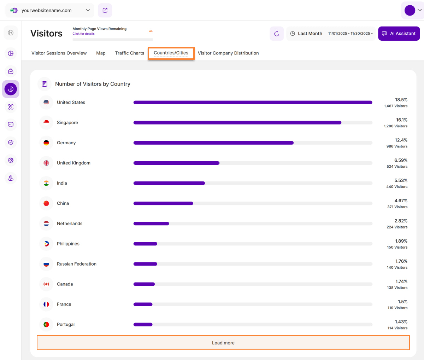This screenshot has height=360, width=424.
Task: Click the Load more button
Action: coord(223,343)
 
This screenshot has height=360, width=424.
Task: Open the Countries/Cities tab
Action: coord(171,53)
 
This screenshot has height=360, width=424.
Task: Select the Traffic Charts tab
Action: coord(130,53)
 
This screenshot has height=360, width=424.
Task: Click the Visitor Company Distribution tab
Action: coord(228,53)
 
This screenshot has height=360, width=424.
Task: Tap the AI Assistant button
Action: coord(399,34)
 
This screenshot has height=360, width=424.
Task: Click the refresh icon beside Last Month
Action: coord(277,34)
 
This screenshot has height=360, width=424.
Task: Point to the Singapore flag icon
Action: coord(46,123)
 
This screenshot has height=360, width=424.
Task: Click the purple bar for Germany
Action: coord(213,143)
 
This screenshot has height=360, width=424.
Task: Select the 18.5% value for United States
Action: coord(401,100)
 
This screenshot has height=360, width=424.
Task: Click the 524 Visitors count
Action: coord(397,167)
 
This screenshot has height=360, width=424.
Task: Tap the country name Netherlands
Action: coord(70,223)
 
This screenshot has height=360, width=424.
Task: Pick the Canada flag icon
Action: coord(46,284)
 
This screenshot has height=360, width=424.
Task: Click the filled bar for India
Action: coord(169,183)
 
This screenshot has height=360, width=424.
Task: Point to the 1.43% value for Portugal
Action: coord(401,322)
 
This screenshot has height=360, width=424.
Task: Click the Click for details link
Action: coord(84,34)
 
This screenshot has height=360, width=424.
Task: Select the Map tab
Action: coord(101,53)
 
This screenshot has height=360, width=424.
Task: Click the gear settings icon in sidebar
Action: coord(11,160)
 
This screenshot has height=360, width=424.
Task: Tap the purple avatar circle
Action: coord(410,10)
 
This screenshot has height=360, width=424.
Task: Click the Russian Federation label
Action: coord(77,264)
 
